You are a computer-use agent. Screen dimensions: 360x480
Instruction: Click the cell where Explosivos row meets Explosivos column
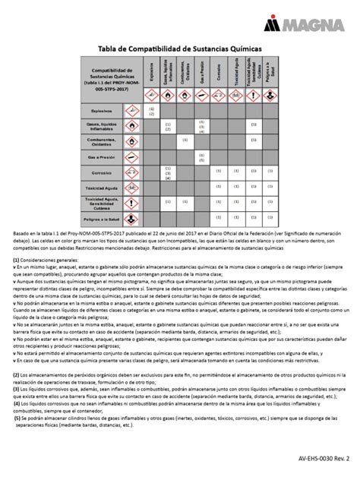152,111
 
